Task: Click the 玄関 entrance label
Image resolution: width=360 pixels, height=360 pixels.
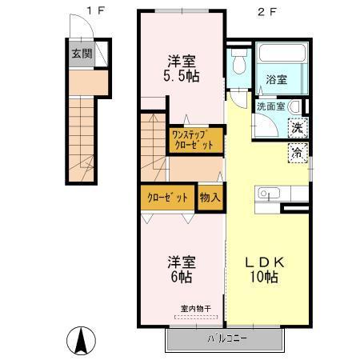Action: coord(80,54)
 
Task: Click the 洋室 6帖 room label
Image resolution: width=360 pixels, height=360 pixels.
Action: coord(181,269)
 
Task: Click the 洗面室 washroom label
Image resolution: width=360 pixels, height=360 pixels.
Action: coord(270,106)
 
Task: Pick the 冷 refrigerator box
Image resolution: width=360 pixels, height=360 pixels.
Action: coord(297,153)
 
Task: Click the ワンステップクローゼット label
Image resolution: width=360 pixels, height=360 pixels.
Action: coord(193,140)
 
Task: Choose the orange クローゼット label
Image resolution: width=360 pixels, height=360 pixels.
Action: coord(168,198)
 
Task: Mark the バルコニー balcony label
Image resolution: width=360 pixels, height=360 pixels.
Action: coord(228,338)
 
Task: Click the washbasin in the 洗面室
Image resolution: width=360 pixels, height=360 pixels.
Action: coord(294,107)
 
